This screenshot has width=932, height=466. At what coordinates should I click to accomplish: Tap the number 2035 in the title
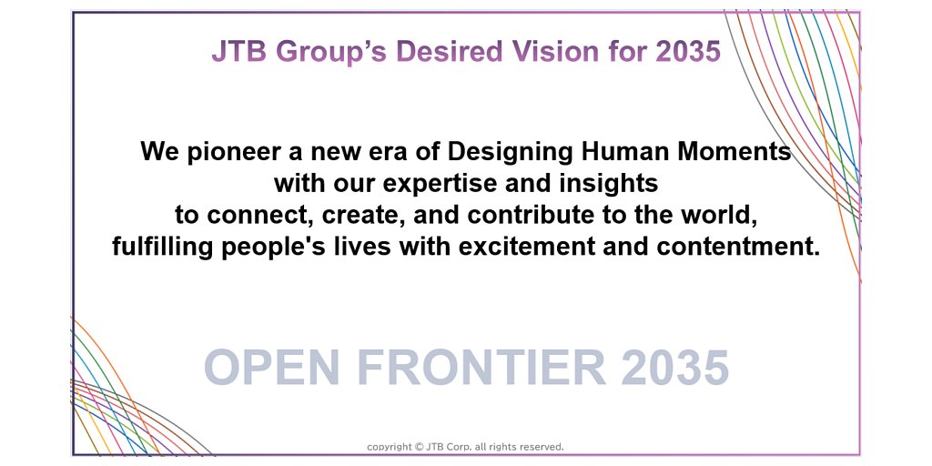[688, 51]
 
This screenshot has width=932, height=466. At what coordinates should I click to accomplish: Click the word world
[720, 215]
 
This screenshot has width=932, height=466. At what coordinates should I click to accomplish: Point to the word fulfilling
[160, 247]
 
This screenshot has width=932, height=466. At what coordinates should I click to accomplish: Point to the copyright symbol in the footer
[419, 447]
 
